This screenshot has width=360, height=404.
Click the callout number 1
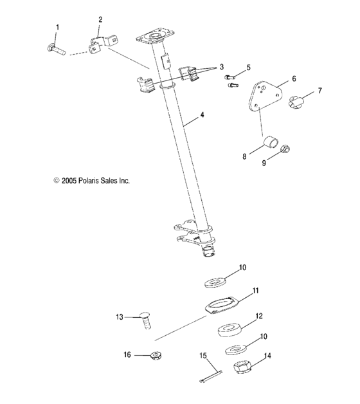tap(57, 27)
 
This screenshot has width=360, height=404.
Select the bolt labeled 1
tap(56, 47)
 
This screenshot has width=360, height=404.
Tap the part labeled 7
tap(301, 100)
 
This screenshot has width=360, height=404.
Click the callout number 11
tap(255, 291)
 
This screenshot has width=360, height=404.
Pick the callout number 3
tap(222, 67)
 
